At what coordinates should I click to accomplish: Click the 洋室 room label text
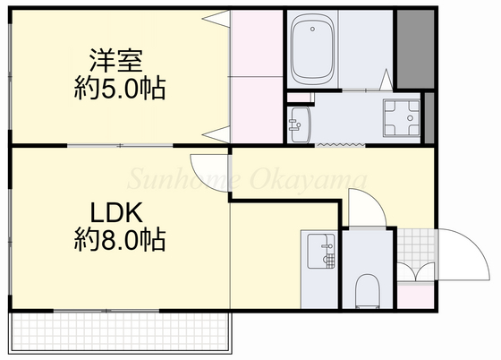point(115,61)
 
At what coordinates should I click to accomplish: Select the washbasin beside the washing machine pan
point(298,124)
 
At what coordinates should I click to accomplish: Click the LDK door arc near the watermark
point(202,168)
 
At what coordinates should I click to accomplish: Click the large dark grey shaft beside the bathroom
point(412,49)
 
